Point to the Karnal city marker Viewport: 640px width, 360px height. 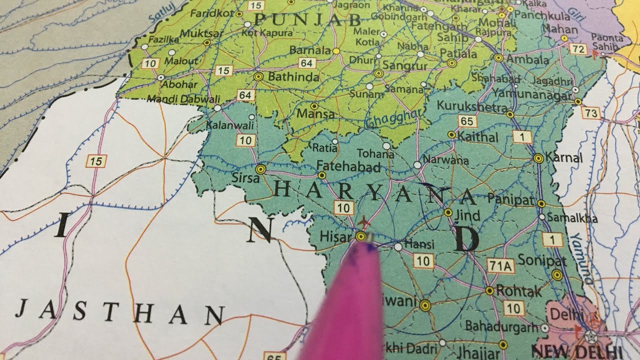coord(538,158)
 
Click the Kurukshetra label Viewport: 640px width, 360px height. coord(472,106)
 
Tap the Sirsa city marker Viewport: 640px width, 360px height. coord(259,169)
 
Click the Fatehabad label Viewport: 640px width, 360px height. coord(349,166)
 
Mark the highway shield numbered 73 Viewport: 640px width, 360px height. coord(591,113)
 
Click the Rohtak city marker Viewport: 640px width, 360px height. coord(489,290)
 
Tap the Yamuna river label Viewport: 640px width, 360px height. coord(581,257)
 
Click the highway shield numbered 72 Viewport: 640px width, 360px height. coord(578,49)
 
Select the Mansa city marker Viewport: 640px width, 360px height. coord(314,106)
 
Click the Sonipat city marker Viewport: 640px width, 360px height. coord(557,274)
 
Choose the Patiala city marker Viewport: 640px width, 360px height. coord(452,63)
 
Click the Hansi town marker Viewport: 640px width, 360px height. coord(398,246)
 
